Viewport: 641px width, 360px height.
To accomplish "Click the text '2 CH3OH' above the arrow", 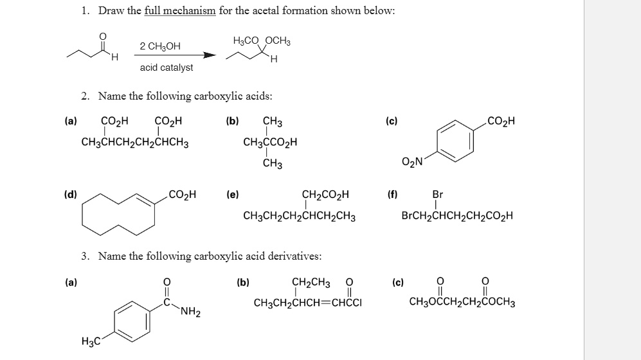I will point(160,46).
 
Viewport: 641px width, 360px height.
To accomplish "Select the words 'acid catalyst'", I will point(166,67).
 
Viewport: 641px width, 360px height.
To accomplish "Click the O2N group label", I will point(411,162).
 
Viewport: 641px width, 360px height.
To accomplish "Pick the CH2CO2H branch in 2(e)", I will point(325,194).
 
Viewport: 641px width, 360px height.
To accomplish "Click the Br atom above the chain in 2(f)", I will point(438,194).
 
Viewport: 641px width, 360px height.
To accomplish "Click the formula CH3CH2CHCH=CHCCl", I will point(307,303).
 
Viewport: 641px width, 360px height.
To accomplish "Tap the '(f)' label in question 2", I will point(392,192).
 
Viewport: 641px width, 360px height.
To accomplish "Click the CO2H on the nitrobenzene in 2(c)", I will point(501,120).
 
